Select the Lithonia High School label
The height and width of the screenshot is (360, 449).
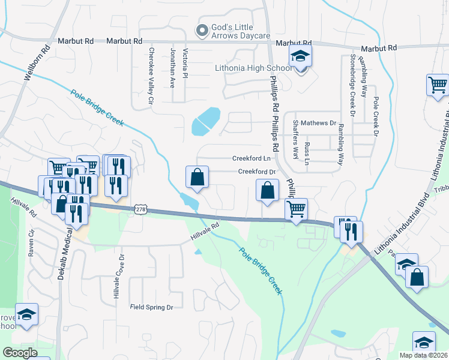[x=253, y=68]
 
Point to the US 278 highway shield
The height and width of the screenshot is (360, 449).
[x=140, y=209]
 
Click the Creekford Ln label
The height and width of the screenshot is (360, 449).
[x=252, y=158]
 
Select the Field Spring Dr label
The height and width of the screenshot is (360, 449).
[x=151, y=307]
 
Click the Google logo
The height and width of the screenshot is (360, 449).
[x=20, y=353]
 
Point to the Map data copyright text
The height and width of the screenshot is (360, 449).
[x=423, y=355]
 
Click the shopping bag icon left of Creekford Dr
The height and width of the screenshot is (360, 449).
[x=197, y=178]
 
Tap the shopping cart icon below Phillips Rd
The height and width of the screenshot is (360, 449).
[x=296, y=209]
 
